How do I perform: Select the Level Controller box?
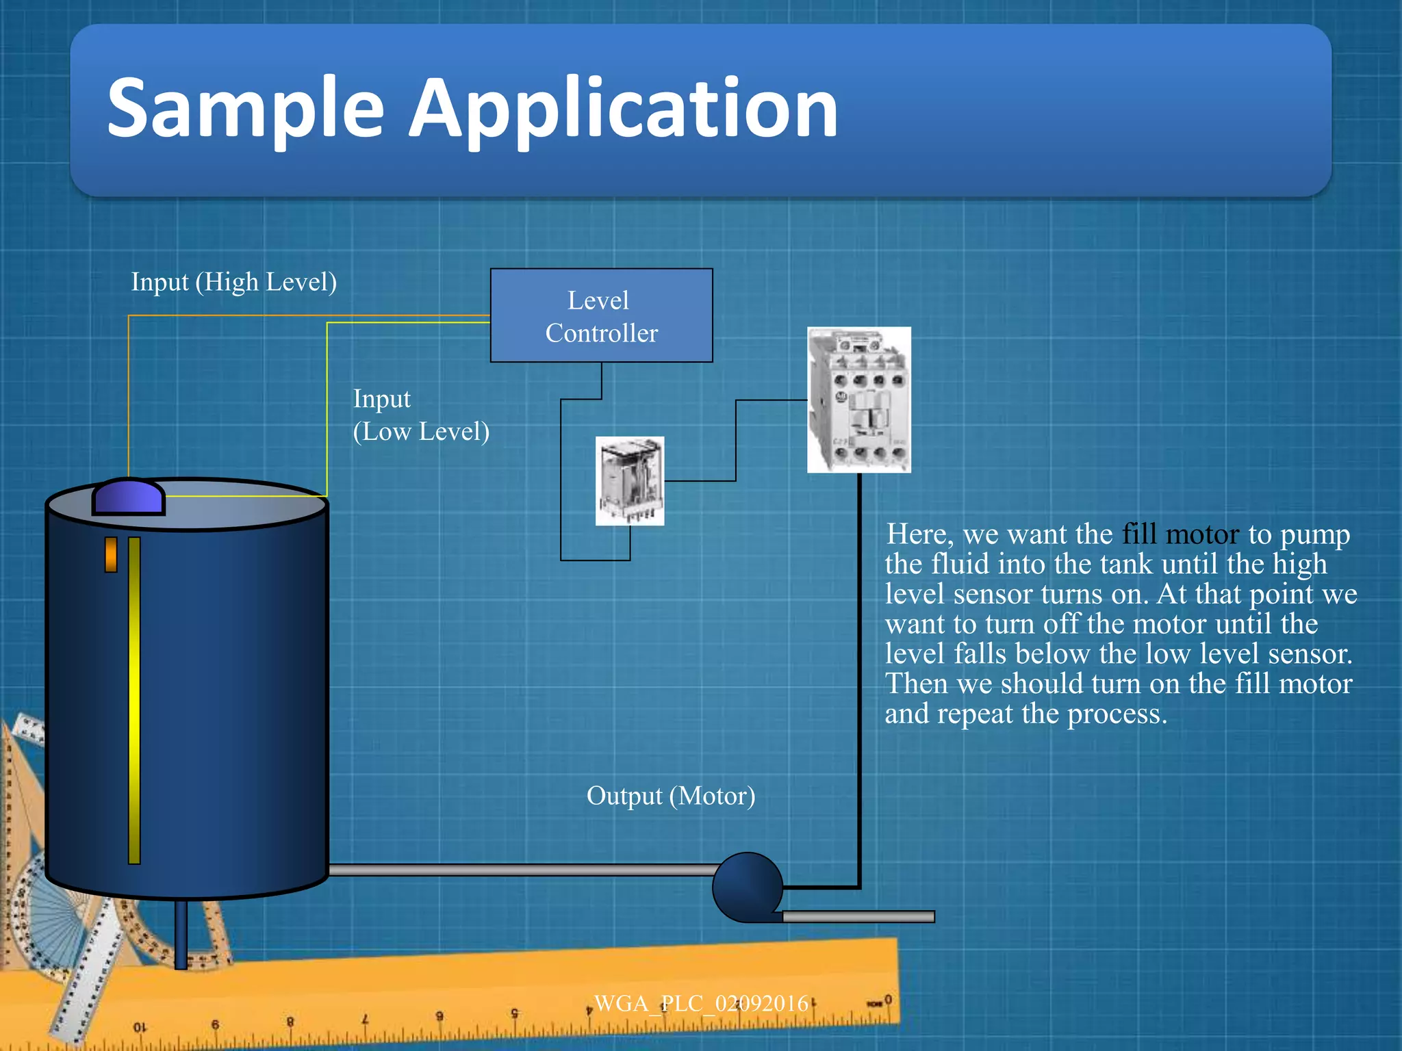[x=601, y=315]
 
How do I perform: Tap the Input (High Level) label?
[x=233, y=282]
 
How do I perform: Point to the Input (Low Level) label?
[x=420, y=415]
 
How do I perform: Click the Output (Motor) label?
[x=671, y=796]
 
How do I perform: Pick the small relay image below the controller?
[x=630, y=481]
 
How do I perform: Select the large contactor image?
[x=859, y=400]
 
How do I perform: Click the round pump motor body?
[x=746, y=886]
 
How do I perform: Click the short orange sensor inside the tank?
[x=111, y=554]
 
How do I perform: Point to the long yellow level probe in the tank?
[x=134, y=698]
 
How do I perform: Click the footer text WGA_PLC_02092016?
[x=701, y=1004]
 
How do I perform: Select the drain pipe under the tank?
[x=181, y=934]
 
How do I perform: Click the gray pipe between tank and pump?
[x=520, y=870]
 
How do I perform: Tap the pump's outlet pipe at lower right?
[x=859, y=916]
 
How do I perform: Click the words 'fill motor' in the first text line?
[x=1181, y=534]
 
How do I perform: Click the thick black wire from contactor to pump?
[x=860, y=684]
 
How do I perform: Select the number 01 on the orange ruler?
[x=140, y=1027]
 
